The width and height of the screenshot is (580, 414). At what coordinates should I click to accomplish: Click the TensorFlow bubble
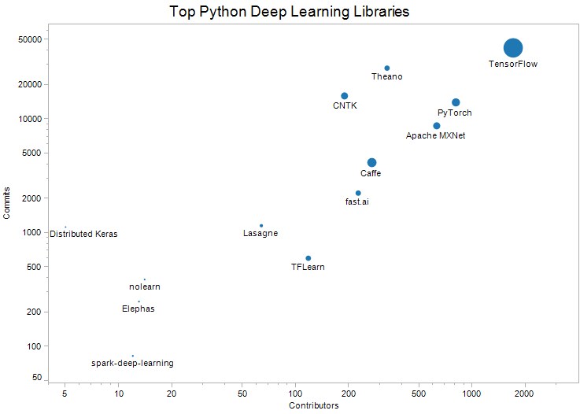pyautogui.click(x=513, y=48)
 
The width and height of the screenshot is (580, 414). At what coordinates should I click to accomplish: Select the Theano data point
pyautogui.click(x=387, y=68)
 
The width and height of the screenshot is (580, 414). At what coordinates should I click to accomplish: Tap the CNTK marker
pyautogui.click(x=344, y=96)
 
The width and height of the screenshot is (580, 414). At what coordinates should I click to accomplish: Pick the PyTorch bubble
pyautogui.click(x=456, y=102)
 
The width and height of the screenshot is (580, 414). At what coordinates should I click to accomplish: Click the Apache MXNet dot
pyautogui.click(x=437, y=126)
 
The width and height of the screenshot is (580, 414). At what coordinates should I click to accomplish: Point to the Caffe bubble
pyautogui.click(x=371, y=163)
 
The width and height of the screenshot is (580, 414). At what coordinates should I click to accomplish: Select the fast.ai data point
pyautogui.click(x=358, y=193)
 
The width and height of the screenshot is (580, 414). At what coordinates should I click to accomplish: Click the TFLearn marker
pyautogui.click(x=308, y=258)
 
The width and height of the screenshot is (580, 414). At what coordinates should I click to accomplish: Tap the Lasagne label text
pyautogui.click(x=260, y=234)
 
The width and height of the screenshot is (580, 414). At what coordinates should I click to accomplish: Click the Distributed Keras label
pyautogui.click(x=83, y=235)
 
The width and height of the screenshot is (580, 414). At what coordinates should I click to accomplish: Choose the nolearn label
pyautogui.click(x=145, y=286)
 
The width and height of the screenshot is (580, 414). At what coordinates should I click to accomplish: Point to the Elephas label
pyautogui.click(x=139, y=309)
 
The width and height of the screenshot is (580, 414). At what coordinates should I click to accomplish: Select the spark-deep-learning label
pyautogui.click(x=132, y=364)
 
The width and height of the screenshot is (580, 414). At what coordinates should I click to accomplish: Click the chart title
pyautogui.click(x=290, y=13)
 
